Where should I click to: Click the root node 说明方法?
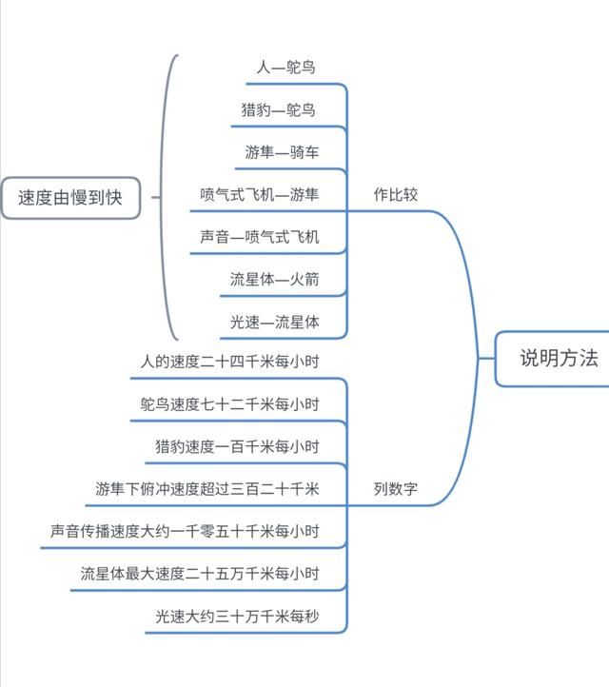[558, 359]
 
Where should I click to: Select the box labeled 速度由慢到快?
[70, 198]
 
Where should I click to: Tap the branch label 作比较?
[395, 195]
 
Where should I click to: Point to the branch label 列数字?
[395, 490]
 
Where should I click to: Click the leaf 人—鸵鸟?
[285, 68]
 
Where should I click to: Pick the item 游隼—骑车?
[282, 152]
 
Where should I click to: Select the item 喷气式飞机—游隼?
[259, 194]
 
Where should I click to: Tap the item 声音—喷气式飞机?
[259, 237]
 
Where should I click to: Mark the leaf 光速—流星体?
[274, 323]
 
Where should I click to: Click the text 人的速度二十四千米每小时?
[228, 362]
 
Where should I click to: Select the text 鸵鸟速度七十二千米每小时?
[228, 404]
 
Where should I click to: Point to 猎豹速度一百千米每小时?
[237, 447]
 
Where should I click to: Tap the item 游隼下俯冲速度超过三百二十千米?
[206, 489]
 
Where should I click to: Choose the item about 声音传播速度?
[185, 531]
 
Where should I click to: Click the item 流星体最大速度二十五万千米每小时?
[200, 574]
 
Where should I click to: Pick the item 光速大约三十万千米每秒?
[237, 617]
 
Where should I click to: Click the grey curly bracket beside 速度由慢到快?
[168, 198]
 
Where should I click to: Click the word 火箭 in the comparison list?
[304, 280]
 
